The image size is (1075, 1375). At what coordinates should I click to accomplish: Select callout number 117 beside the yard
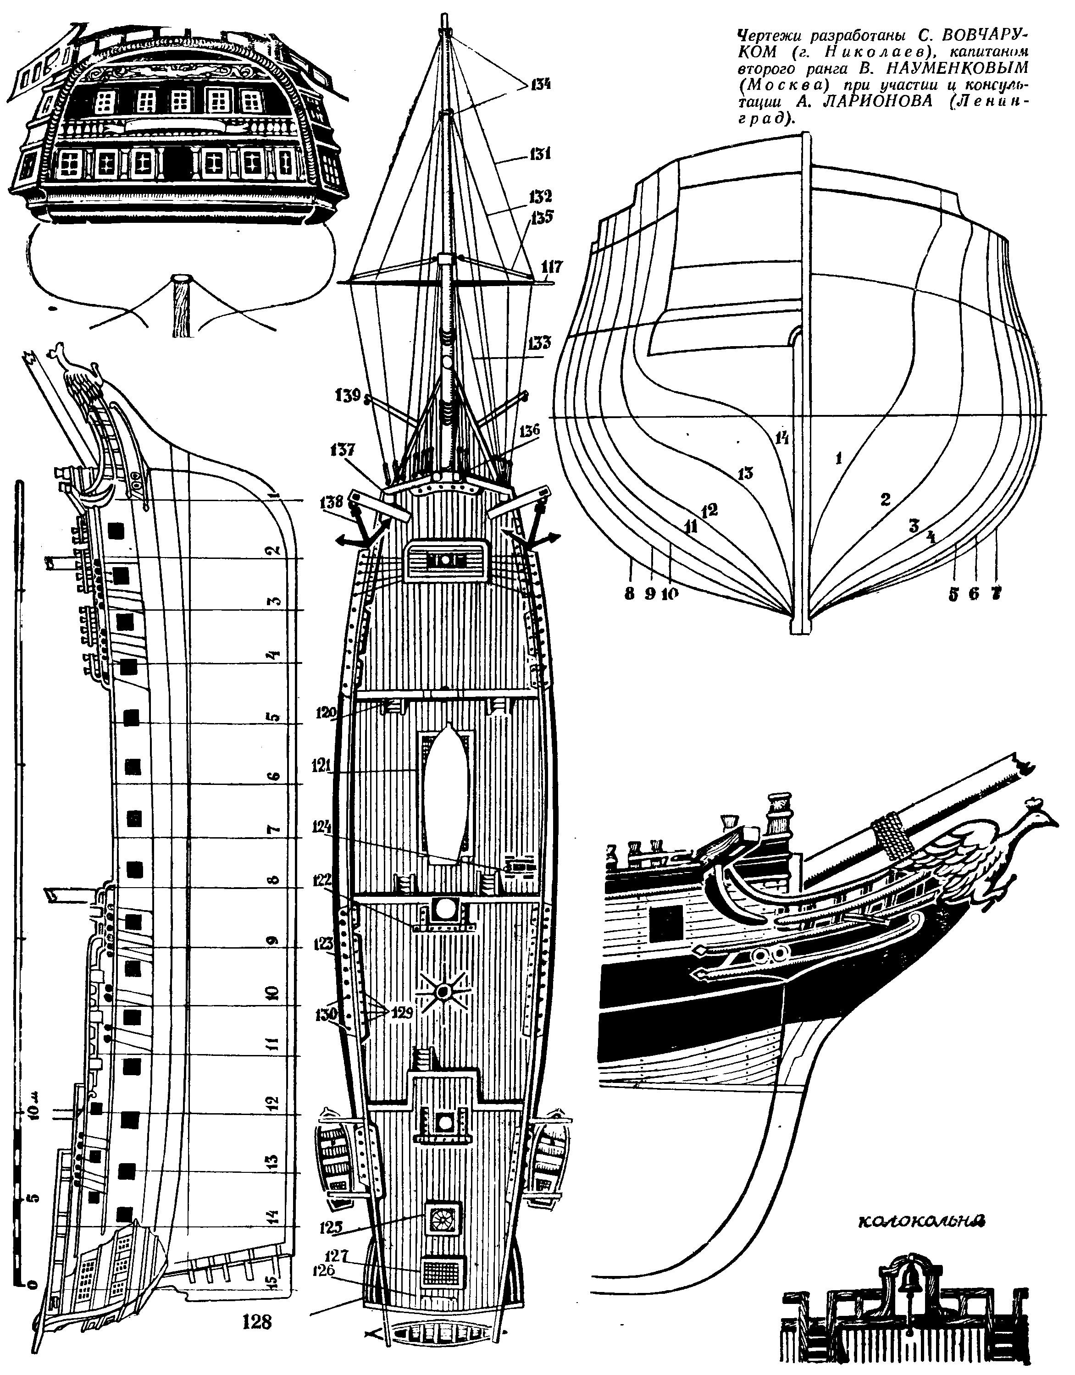(552, 267)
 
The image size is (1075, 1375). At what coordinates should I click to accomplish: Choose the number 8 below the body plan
(629, 593)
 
